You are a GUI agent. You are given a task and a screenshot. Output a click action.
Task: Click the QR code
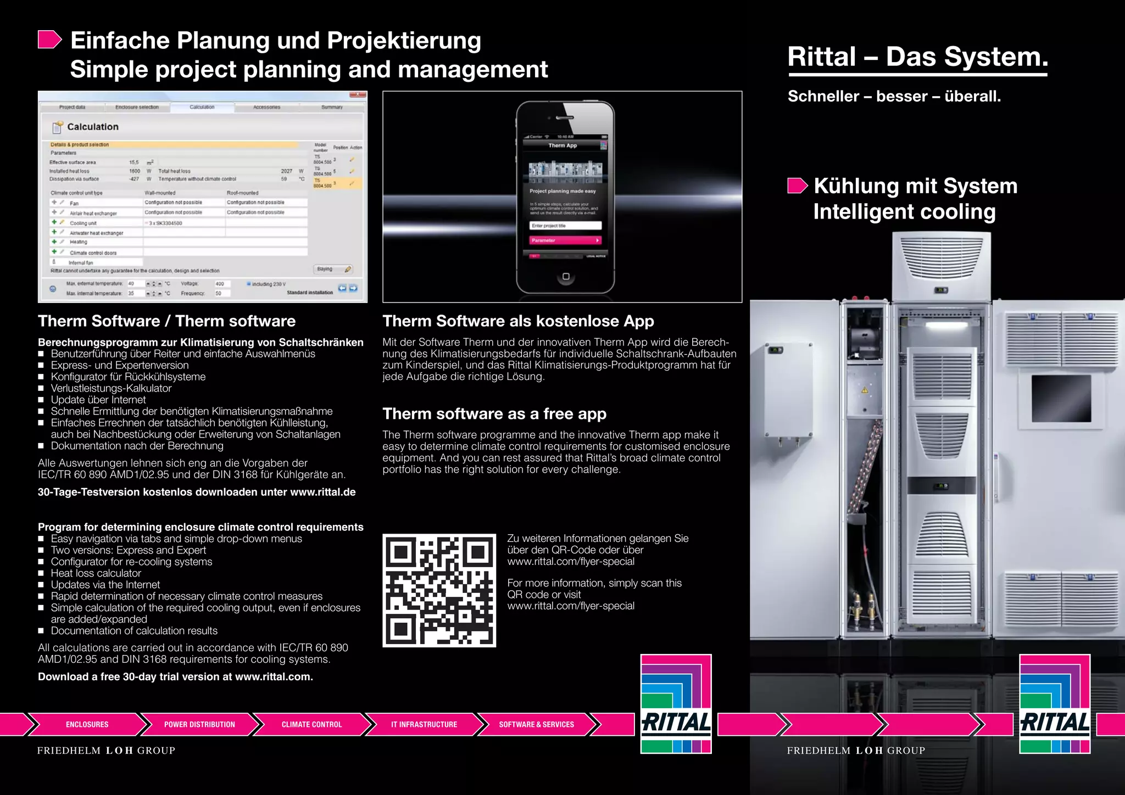[439, 590]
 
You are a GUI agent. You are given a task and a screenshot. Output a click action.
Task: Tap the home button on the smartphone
[566, 276]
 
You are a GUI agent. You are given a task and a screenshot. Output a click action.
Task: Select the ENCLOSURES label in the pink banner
[87, 724]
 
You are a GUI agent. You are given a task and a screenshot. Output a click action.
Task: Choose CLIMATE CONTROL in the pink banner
[311, 724]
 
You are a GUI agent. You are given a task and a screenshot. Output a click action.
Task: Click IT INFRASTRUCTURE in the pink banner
[424, 724]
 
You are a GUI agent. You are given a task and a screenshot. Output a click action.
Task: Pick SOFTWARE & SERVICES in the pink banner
[536, 724]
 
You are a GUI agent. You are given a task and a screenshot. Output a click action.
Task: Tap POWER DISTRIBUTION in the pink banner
[199, 724]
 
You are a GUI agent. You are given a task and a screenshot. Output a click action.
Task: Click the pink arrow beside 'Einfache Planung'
[49, 40]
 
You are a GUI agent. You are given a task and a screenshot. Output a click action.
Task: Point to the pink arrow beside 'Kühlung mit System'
[798, 186]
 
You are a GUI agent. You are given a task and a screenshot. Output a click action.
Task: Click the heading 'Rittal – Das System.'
[917, 57]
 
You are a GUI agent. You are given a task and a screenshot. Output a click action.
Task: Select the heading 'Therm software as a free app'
[494, 413]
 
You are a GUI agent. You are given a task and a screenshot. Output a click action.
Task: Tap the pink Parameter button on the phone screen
[565, 240]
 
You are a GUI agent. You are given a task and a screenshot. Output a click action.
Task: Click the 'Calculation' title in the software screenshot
[92, 127]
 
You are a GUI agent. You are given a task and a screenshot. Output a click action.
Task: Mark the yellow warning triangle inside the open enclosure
[865, 390]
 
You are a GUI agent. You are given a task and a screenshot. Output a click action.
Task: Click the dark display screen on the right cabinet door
[1061, 398]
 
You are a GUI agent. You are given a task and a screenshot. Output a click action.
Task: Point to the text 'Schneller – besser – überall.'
[894, 97]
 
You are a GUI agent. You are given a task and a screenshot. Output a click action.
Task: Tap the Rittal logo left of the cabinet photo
[676, 704]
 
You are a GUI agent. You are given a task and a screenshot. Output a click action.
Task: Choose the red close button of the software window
[358, 94]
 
